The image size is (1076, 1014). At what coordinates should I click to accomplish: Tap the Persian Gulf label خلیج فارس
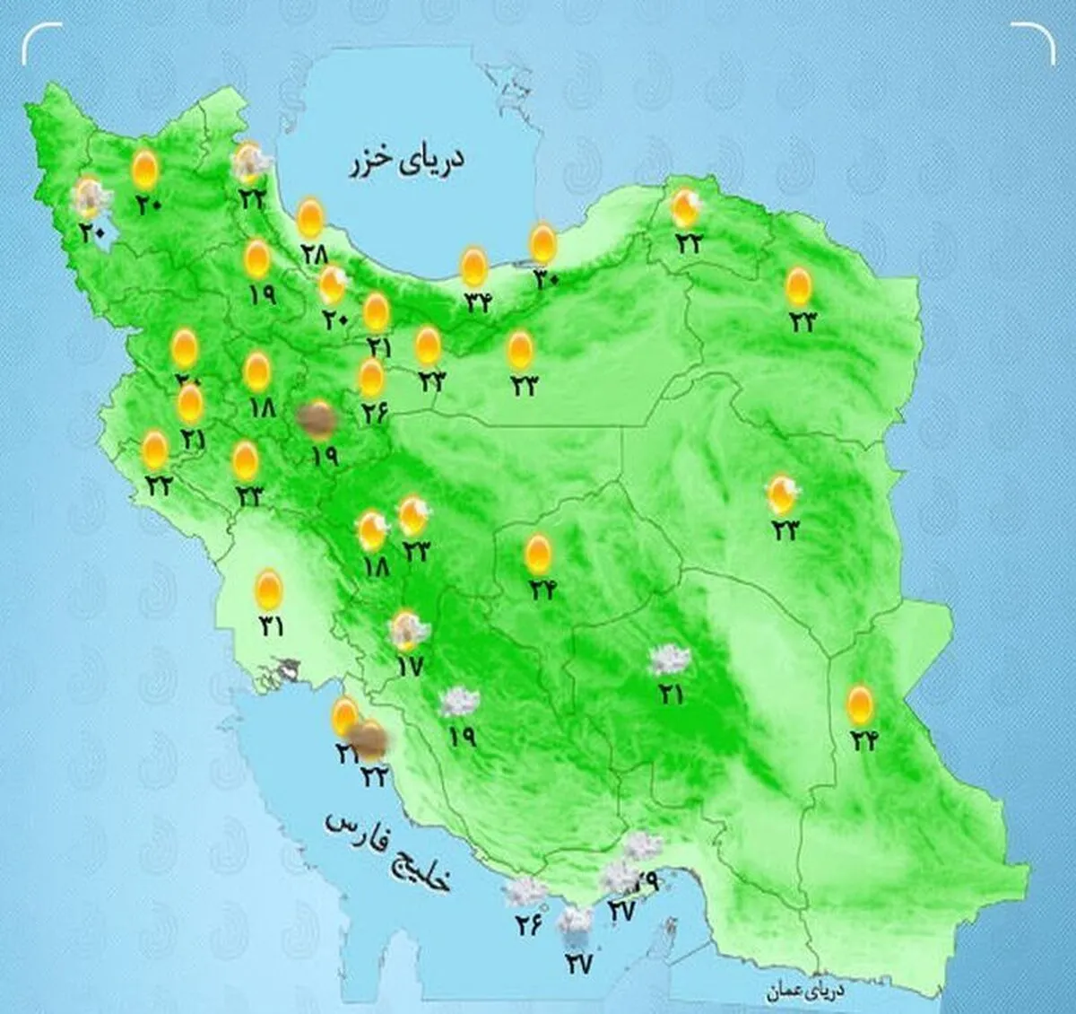389,852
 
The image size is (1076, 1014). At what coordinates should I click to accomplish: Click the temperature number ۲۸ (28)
315,254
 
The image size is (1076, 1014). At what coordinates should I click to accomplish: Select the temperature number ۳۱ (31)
270,625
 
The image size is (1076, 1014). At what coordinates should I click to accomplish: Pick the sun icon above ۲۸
310,218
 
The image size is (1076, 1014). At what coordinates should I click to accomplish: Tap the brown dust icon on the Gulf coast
369,739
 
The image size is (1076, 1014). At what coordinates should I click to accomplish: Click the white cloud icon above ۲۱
671,660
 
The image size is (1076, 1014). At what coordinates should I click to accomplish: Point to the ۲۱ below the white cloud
671,694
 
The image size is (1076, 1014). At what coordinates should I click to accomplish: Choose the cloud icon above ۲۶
525,892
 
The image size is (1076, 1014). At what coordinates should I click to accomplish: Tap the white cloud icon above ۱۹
459,702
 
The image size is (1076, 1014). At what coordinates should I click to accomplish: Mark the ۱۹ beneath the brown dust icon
324,456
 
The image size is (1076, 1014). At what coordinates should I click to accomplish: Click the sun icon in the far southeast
861,704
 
